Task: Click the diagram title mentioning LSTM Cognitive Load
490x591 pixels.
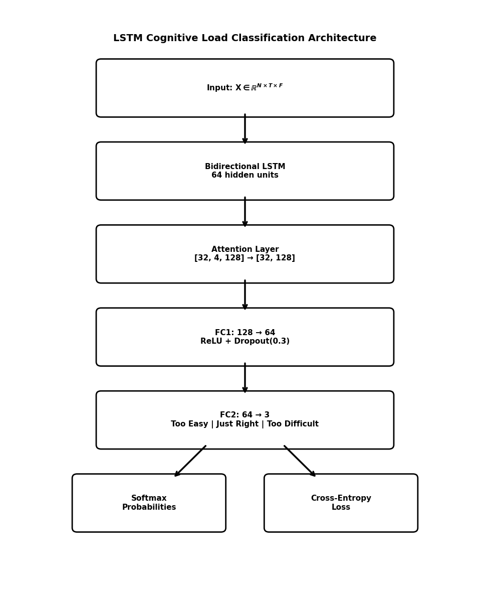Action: point(244,39)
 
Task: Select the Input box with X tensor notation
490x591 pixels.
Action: point(244,88)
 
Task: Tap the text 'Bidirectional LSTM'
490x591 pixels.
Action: point(244,167)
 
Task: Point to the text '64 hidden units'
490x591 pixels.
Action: point(244,176)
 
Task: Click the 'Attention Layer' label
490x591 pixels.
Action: point(244,249)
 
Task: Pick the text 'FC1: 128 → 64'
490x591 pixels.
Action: point(244,333)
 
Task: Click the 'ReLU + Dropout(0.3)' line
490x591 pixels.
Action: point(244,342)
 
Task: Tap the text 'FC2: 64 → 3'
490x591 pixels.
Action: point(244,415)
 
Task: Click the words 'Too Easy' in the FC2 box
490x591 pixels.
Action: point(189,424)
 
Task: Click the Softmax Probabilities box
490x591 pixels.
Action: point(149,503)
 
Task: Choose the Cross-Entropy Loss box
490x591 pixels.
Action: point(341,503)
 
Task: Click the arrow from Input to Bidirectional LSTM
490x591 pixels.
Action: point(244,129)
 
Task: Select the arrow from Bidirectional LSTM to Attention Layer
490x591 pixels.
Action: point(244,212)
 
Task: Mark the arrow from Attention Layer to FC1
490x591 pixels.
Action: point(244,294)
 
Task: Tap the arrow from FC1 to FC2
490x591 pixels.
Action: point(244,378)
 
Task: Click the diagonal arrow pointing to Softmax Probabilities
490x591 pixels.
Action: point(190,461)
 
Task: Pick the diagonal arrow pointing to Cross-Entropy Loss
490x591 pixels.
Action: point(300,461)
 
